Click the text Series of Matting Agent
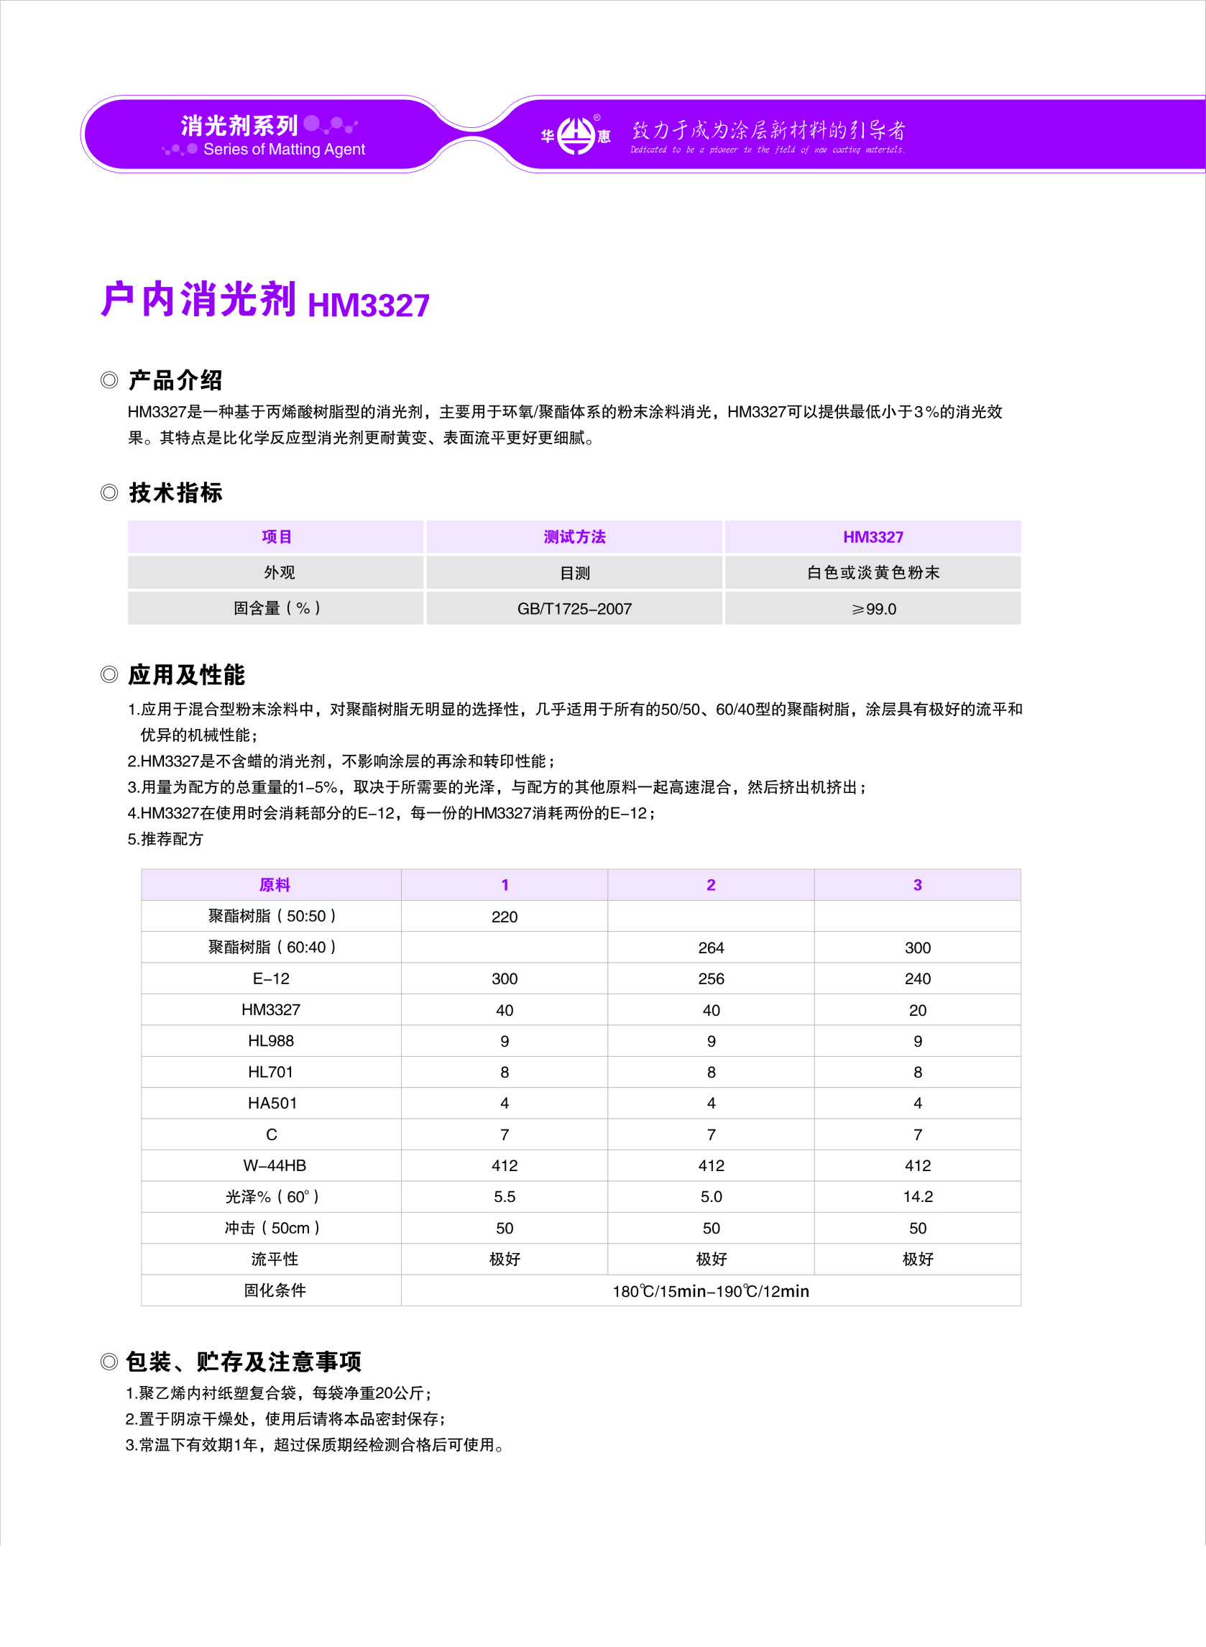pos(284,149)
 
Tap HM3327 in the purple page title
pos(369,304)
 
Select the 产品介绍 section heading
pos(175,380)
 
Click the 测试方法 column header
pos(574,536)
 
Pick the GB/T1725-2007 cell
pos(574,608)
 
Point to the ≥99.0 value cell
pos(873,608)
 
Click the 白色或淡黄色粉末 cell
pos(873,572)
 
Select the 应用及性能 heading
pos(186,674)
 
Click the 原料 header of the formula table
pos(275,885)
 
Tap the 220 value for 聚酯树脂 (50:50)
pos(505,916)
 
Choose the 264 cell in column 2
pos(711,948)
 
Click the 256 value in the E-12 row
pos(711,978)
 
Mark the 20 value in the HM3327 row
pos(918,1009)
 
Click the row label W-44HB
pos(275,1165)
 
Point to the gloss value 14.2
pos(918,1196)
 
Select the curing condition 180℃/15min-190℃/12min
pos(711,1290)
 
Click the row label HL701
pos(271,1072)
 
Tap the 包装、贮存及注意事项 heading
pos(244,1362)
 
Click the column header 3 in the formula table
pos(918,885)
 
